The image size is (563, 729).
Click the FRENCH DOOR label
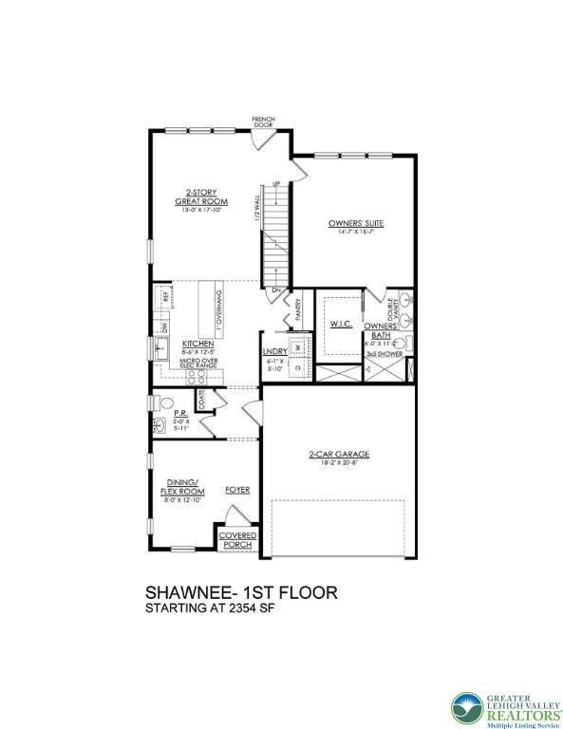(263, 122)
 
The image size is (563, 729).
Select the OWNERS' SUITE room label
(356, 224)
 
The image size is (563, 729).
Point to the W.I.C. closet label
(342, 325)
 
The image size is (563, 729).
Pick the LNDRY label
(275, 351)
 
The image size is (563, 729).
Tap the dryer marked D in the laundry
(296, 365)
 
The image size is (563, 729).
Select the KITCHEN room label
(198, 344)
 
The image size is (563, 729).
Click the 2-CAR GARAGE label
(339, 455)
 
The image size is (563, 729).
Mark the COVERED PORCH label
(236, 540)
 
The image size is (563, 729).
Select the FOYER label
(237, 490)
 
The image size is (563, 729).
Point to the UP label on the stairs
(276, 183)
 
